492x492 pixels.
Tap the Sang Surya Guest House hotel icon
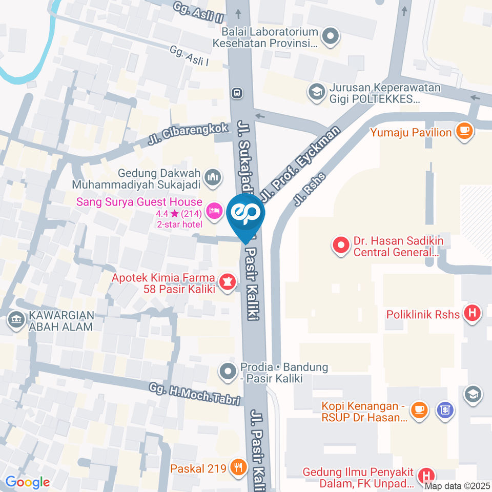tap(213, 210)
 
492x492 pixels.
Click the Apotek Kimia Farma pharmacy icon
tap(227, 281)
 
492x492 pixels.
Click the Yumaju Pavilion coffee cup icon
tap(464, 131)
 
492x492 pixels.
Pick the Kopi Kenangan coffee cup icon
tap(419, 409)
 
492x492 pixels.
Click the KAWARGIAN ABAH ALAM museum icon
tap(16, 320)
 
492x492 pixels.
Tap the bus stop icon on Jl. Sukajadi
tap(237, 93)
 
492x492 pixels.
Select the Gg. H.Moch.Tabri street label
tap(195, 395)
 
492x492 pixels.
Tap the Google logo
tap(27, 482)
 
